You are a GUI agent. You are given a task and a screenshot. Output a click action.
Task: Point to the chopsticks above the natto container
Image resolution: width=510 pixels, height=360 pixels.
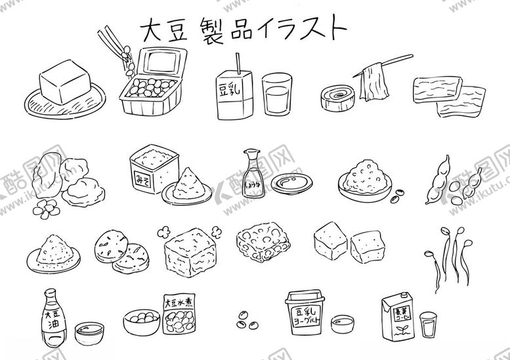112,43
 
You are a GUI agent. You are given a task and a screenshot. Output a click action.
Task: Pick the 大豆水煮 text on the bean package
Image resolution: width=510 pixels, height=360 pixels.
178,303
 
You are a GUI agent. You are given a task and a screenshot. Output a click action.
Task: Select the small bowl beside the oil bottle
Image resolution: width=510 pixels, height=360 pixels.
89,333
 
